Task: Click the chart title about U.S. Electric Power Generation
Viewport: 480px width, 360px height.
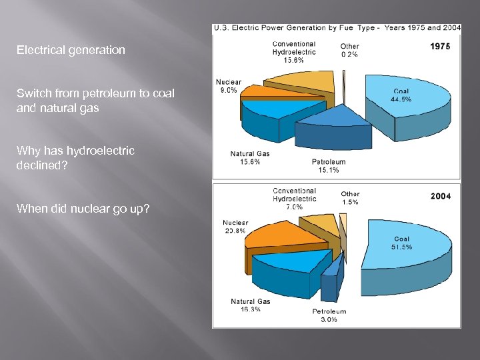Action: coord(337,28)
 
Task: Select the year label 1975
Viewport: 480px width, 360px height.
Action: coord(440,47)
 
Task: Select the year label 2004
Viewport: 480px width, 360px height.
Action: coord(440,196)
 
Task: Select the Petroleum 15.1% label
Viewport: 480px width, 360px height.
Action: coord(329,166)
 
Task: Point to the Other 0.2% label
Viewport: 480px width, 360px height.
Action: coord(349,51)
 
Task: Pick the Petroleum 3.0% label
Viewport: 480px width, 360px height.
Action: coord(329,315)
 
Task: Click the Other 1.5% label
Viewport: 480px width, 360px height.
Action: coord(350,198)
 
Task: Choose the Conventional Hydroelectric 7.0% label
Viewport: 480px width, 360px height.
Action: coord(294,199)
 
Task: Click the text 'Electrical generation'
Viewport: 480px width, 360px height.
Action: coord(71,50)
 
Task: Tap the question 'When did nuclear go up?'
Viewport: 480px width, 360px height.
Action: coord(83,210)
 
